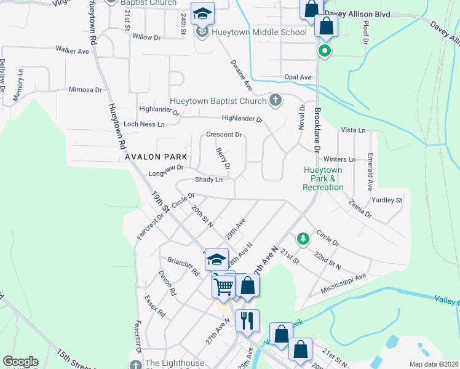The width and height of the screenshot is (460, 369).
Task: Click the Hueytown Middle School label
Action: click(260, 32)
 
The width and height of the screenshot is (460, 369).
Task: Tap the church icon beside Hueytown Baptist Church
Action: click(276, 100)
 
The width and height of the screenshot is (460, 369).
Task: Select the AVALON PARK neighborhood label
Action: click(156, 157)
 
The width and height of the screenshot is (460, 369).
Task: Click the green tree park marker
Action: click(302, 238)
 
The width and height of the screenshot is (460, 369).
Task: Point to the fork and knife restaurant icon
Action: click(247, 319)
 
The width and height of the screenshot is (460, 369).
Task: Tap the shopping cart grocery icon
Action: click(223, 285)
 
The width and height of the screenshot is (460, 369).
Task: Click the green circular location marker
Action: click(324, 51)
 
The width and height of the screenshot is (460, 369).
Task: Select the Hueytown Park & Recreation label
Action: click(323, 178)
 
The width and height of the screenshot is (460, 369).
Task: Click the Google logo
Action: click(20, 362)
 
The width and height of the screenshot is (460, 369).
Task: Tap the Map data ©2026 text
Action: click(433, 364)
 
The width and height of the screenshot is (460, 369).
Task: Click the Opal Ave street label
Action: click(297, 77)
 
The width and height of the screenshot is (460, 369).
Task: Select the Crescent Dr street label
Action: click(224, 134)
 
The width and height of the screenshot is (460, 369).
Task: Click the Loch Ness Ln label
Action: click(144, 124)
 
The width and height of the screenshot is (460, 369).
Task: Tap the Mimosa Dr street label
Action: click(85, 89)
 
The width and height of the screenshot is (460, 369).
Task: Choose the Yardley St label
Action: click(386, 200)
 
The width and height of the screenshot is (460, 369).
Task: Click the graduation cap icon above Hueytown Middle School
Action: click(201, 13)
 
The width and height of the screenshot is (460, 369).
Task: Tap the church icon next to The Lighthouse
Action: click(137, 364)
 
